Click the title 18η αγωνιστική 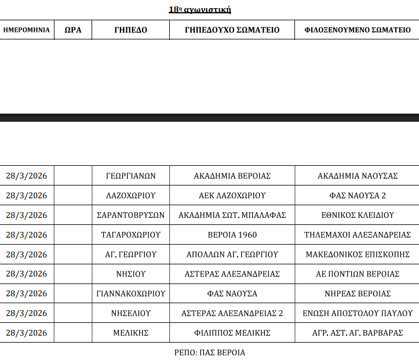(x=200, y=9)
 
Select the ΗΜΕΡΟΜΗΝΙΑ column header (x=27, y=30)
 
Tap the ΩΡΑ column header (x=73, y=30)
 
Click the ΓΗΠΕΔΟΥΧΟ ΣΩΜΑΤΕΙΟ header (x=232, y=30)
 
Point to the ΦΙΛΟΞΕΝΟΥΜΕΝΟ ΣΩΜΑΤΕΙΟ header (x=358, y=30)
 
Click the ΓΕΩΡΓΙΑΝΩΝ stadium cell (x=131, y=176)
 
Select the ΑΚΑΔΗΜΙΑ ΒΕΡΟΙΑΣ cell (x=232, y=176)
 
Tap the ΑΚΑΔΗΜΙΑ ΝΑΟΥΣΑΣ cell (x=358, y=176)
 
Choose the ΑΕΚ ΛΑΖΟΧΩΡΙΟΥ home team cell (x=232, y=195)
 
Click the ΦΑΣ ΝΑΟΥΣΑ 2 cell (x=358, y=195)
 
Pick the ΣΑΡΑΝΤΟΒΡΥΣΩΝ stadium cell (x=131, y=215)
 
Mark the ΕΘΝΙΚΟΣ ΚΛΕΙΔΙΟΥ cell (x=358, y=215)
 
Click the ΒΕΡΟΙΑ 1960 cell (x=232, y=235)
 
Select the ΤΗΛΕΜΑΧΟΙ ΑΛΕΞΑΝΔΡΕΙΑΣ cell (x=358, y=235)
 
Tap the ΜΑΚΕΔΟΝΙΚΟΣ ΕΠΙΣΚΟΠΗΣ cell (x=358, y=254)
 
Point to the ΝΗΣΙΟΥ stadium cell (x=131, y=274)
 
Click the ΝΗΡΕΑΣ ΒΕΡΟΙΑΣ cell (x=358, y=294)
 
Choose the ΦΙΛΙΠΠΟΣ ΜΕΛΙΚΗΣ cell (x=232, y=333)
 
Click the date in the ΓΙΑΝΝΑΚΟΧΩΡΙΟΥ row (x=27, y=294)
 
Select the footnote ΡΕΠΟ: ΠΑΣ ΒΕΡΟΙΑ (x=209, y=352)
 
